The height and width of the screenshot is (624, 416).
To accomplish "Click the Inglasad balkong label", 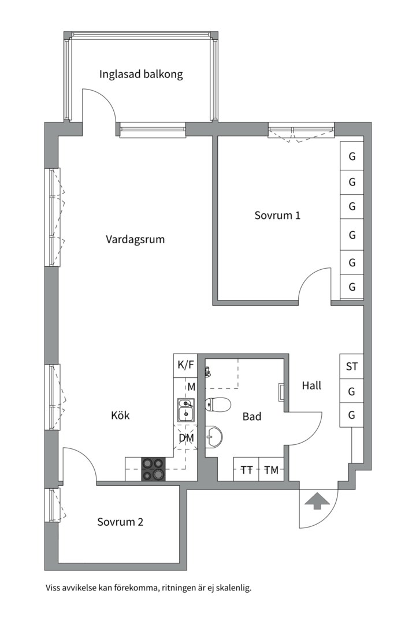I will pyautogui.click(x=141, y=75).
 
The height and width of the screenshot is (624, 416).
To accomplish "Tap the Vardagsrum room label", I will pyautogui.click(x=135, y=239).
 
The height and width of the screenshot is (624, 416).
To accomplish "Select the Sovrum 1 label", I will pyautogui.click(x=277, y=216).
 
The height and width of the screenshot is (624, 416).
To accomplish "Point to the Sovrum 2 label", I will pyautogui.click(x=120, y=522).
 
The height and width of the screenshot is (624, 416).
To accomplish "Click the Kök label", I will pyautogui.click(x=120, y=415).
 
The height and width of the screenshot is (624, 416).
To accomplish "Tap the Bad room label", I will pyautogui.click(x=252, y=416).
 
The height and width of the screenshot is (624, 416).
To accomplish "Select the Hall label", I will pyautogui.click(x=311, y=385).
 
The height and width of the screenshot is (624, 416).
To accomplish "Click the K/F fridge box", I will pyautogui.click(x=185, y=365).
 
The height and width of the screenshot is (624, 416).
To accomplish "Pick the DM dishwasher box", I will pyautogui.click(x=185, y=439).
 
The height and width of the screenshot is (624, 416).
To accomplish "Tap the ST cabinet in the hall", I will pyautogui.click(x=351, y=366).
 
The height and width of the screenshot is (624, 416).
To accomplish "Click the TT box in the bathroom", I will pyautogui.click(x=246, y=470).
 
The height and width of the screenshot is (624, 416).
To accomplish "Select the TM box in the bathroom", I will pyautogui.click(x=271, y=470).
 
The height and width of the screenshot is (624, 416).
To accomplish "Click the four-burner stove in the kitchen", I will pyautogui.click(x=154, y=469).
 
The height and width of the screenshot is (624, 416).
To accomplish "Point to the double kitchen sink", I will pyautogui.click(x=185, y=410).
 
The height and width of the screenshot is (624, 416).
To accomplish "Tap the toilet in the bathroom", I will pyautogui.click(x=218, y=403).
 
